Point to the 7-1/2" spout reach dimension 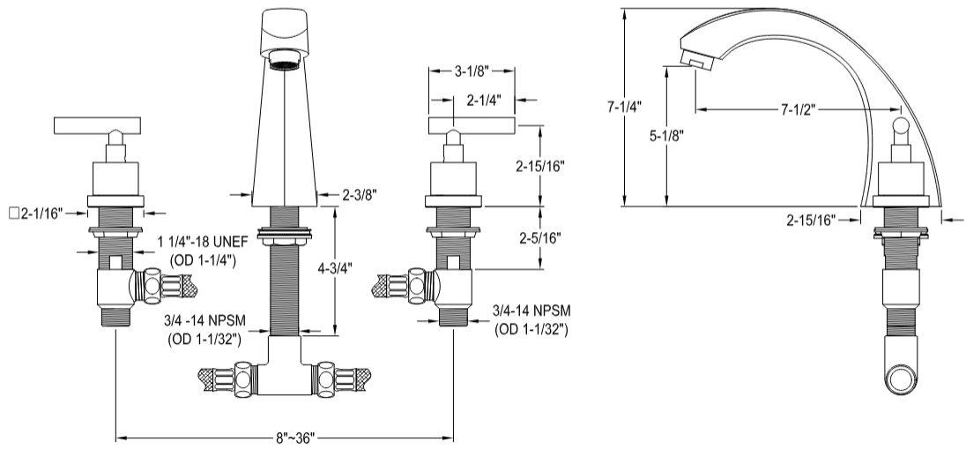(x=795, y=110)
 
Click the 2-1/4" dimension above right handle (x=485, y=100)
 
